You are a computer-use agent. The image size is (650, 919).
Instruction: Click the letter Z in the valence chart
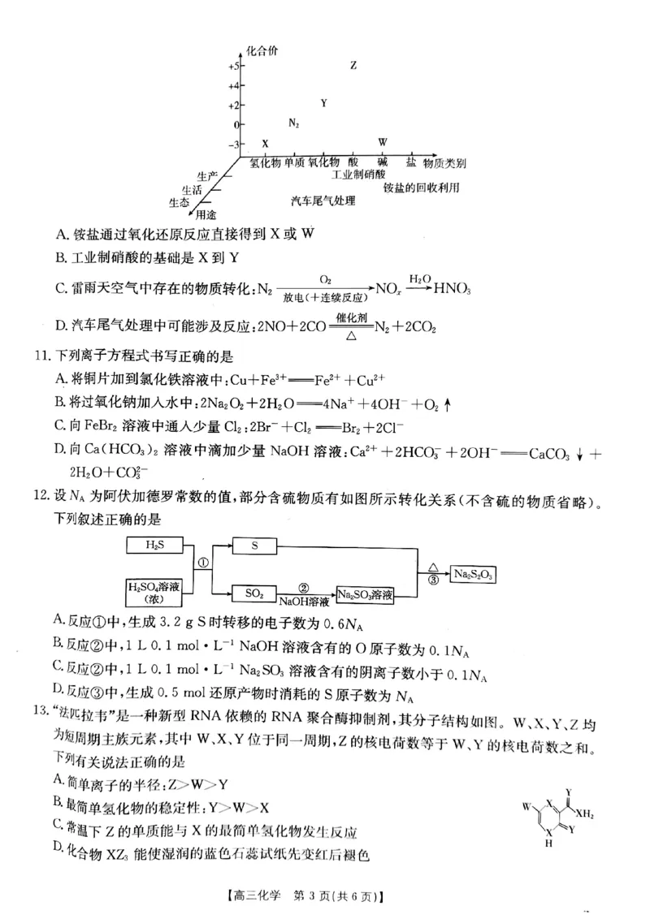[x=353, y=65]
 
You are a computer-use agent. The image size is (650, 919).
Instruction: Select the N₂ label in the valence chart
[x=294, y=123]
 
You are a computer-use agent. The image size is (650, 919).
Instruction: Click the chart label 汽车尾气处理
[x=323, y=201]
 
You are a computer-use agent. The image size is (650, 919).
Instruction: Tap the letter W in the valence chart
[x=383, y=143]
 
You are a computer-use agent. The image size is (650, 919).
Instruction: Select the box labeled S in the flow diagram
[x=254, y=546]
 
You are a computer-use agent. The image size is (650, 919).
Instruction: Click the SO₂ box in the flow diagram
[x=254, y=594]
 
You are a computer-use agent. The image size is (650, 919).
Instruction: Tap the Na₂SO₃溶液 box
[x=366, y=594]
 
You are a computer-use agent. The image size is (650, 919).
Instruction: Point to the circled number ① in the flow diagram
[x=204, y=561]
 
